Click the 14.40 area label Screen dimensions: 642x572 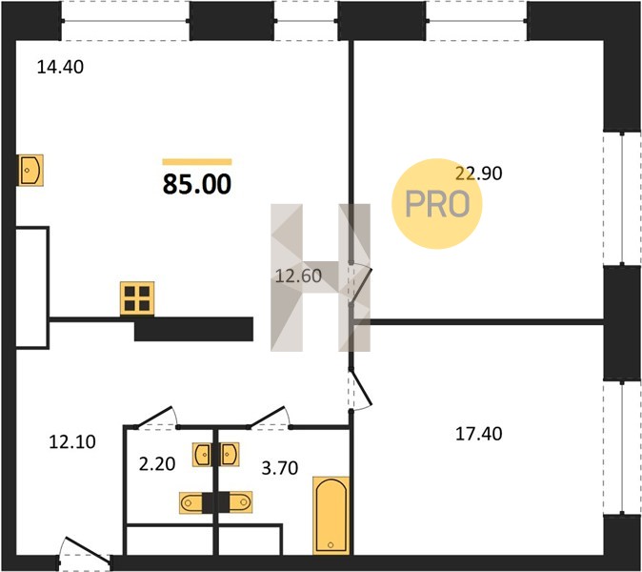tap(60, 67)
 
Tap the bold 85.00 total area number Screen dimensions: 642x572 tap(197, 184)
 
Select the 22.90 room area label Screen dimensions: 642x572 tap(478, 174)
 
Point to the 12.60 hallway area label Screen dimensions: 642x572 tap(298, 276)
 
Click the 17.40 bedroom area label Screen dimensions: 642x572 tap(478, 434)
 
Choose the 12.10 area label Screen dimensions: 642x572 tap(72, 441)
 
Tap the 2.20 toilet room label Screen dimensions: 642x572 tap(157, 464)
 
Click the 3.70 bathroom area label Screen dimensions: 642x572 tap(280, 467)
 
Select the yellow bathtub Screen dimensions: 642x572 tap(331, 515)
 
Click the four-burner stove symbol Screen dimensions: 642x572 tap(137, 298)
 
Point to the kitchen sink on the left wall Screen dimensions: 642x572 tap(30, 170)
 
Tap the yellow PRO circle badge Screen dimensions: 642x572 tap(437, 204)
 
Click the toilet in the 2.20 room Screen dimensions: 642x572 tap(191, 502)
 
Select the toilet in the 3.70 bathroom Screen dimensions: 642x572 tap(240, 502)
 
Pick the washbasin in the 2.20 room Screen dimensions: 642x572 tap(202, 455)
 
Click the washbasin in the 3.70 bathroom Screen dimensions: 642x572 tap(230, 455)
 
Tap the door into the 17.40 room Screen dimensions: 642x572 tap(360, 389)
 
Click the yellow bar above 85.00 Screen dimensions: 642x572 tap(197, 162)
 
